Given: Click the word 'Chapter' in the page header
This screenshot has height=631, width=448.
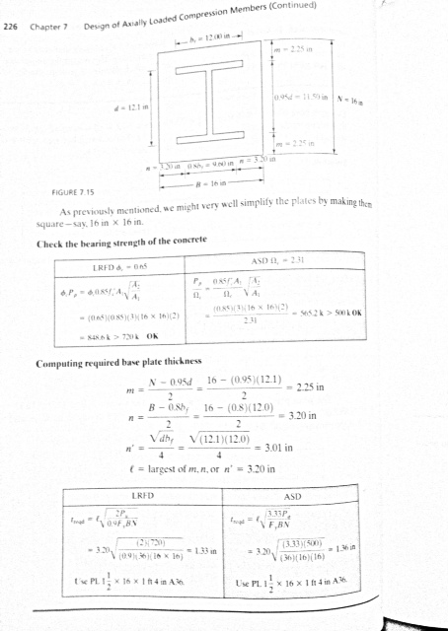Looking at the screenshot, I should click(50, 30).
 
